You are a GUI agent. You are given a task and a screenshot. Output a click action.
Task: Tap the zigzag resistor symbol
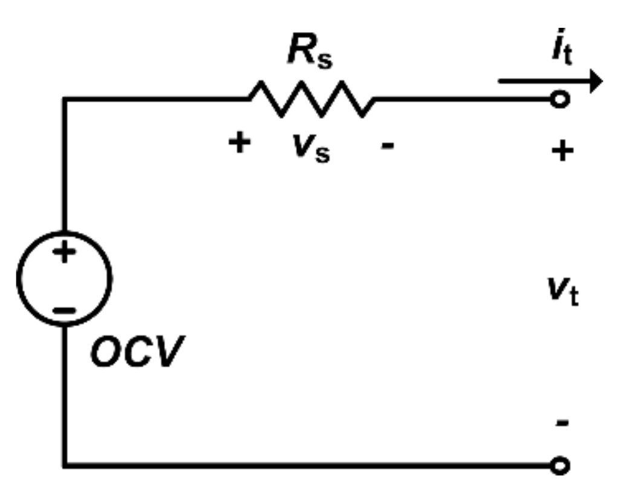tap(311, 99)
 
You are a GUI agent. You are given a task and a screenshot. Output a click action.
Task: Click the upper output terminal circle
tap(561, 99)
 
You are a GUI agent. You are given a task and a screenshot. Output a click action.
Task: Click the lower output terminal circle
tap(561, 465)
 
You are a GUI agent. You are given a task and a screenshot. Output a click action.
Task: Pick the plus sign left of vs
tap(240, 143)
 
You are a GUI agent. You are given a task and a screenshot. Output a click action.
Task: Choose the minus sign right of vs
tap(388, 145)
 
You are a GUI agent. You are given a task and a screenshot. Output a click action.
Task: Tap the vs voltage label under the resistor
tap(308, 148)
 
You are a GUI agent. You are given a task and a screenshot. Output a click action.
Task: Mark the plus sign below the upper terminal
tap(562, 151)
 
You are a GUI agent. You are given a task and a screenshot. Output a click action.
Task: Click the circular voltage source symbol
tap(64, 279)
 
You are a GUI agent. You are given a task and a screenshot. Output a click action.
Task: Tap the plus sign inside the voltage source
tap(64, 252)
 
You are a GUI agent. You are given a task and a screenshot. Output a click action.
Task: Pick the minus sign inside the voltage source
tap(64, 311)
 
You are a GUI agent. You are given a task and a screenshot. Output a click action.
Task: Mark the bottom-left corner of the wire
tap(64, 465)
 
